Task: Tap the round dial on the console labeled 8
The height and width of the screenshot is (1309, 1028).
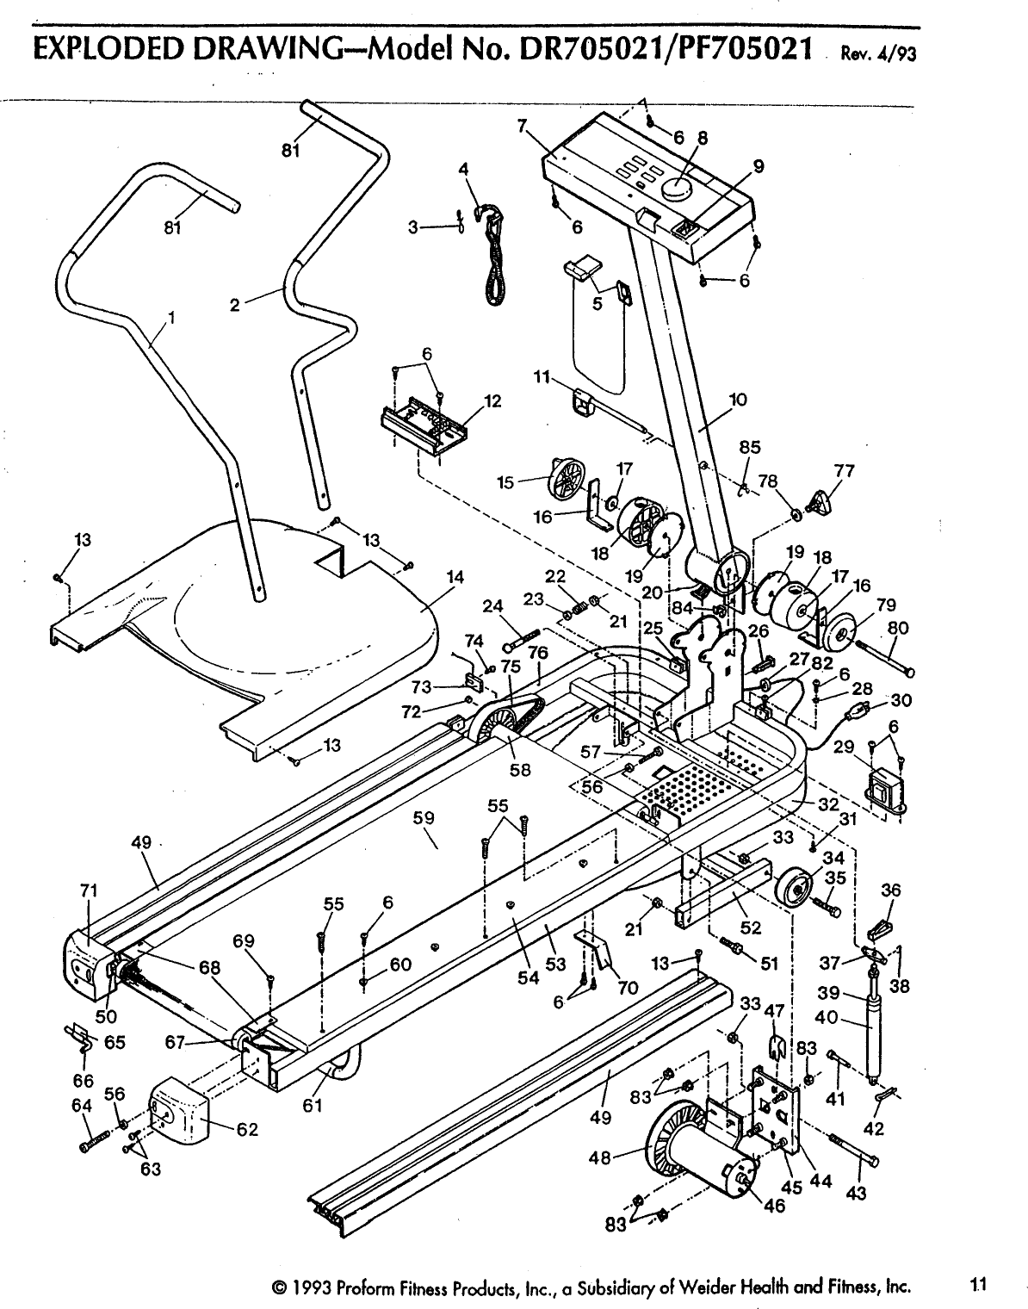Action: pos(675,189)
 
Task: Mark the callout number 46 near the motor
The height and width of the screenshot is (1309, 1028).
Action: pos(774,1206)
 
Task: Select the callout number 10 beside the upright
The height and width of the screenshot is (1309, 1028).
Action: pos(738,400)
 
